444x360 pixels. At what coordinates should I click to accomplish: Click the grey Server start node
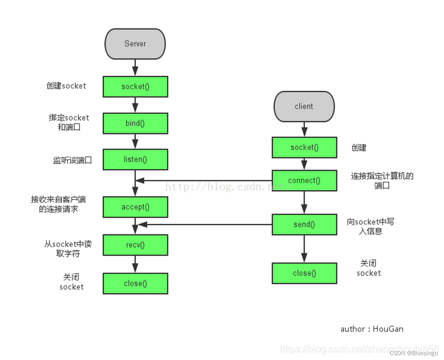(135, 44)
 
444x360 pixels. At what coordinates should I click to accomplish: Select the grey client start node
(304, 106)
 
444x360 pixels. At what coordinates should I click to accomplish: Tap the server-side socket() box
(135, 87)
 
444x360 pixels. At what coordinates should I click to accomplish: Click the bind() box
(135, 123)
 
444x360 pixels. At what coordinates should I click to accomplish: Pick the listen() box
(135, 159)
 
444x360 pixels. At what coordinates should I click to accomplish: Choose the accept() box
(135, 207)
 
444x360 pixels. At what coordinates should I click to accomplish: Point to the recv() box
(135, 245)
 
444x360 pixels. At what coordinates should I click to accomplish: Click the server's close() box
(135, 283)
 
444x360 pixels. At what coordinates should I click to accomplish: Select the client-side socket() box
(304, 147)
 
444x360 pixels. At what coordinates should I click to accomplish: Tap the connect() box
(304, 181)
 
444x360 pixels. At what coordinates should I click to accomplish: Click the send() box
(304, 224)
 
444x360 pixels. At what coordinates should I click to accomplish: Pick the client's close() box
(304, 273)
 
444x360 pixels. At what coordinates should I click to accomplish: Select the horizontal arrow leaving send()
(205, 224)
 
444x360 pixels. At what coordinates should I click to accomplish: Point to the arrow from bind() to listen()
(135, 141)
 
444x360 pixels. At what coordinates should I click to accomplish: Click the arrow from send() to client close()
(304, 248)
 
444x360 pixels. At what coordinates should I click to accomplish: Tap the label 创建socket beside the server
(66, 85)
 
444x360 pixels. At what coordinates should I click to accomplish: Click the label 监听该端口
(73, 160)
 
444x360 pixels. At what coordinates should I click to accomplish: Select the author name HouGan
(388, 329)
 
